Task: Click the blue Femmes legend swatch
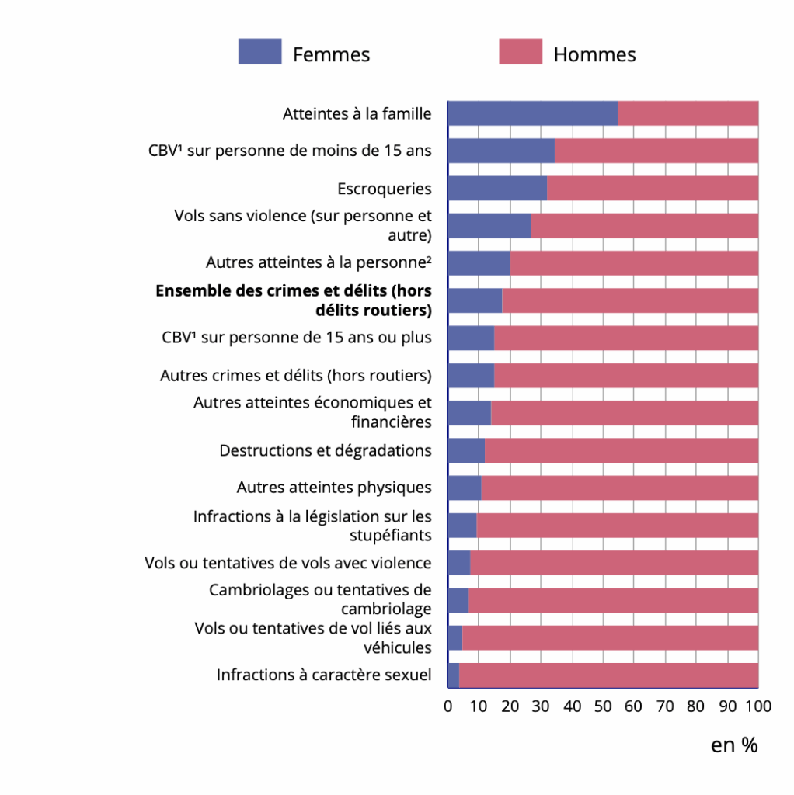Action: tap(259, 52)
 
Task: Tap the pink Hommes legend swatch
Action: tap(521, 52)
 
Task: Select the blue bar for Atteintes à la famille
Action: tap(532, 113)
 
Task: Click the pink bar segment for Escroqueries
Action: tap(653, 189)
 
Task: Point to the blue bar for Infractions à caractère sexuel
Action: tap(454, 675)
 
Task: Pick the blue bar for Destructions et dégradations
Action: tap(466, 450)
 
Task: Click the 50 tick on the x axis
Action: tap(603, 706)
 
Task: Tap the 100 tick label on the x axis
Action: tap(757, 706)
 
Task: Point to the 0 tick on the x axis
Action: tap(448, 706)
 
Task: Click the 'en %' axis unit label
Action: tap(733, 745)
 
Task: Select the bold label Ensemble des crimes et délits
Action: tap(294, 300)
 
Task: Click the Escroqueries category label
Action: tap(385, 189)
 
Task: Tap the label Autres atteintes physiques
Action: tap(334, 488)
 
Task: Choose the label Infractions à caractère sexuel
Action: tap(324, 675)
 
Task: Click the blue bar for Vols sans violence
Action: tap(489, 225)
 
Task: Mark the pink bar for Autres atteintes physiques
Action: tap(619, 488)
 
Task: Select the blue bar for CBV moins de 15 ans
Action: tap(501, 151)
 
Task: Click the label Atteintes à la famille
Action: tap(357, 113)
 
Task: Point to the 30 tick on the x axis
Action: tap(541, 706)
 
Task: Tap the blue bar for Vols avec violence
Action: tap(459, 563)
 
